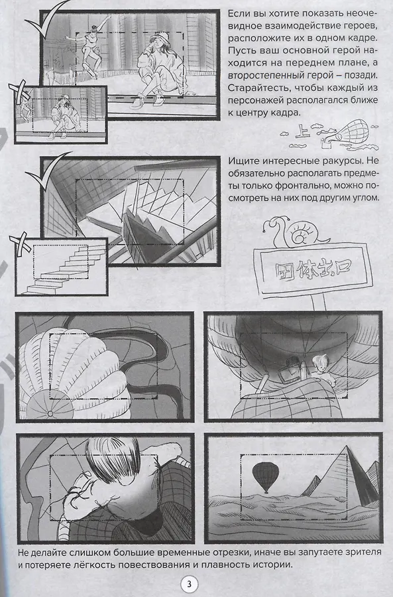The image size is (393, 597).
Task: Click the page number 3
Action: tap(189, 584)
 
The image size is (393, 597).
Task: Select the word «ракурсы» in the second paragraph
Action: tap(333, 161)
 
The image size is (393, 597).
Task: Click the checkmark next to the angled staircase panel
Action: tap(44, 173)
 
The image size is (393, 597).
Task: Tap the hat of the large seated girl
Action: tap(160, 37)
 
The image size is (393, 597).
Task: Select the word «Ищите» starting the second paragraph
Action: tap(241, 161)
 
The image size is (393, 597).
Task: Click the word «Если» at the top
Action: tap(239, 14)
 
